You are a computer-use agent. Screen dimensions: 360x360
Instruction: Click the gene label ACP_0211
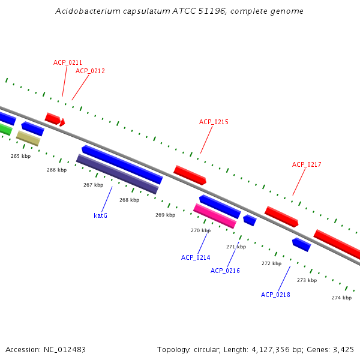[68, 62]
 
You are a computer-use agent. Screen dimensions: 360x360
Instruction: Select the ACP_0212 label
[90, 71]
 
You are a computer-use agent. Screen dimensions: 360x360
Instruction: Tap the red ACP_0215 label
[214, 122]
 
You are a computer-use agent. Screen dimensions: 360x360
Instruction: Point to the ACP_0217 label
[307, 164]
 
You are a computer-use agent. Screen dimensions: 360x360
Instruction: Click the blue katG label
[101, 215]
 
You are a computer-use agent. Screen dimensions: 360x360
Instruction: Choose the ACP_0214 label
[196, 257]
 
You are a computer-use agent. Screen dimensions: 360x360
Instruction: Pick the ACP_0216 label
[225, 271]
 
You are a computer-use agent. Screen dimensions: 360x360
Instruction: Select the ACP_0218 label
[275, 295]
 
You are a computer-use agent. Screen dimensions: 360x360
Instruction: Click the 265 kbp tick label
[20, 156]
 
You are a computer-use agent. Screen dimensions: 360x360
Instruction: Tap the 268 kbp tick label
[129, 200]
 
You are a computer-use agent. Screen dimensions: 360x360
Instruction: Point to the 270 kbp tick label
[200, 230]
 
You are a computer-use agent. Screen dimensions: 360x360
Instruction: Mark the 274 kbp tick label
[341, 298]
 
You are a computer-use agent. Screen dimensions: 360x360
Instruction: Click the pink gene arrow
[215, 216]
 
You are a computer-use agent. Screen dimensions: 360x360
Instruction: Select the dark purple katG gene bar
[117, 174]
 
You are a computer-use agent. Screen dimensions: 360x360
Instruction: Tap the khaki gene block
[28, 139]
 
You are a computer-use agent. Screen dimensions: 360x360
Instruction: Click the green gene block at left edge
[5, 129]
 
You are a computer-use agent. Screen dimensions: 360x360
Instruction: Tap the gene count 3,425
[343, 349]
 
